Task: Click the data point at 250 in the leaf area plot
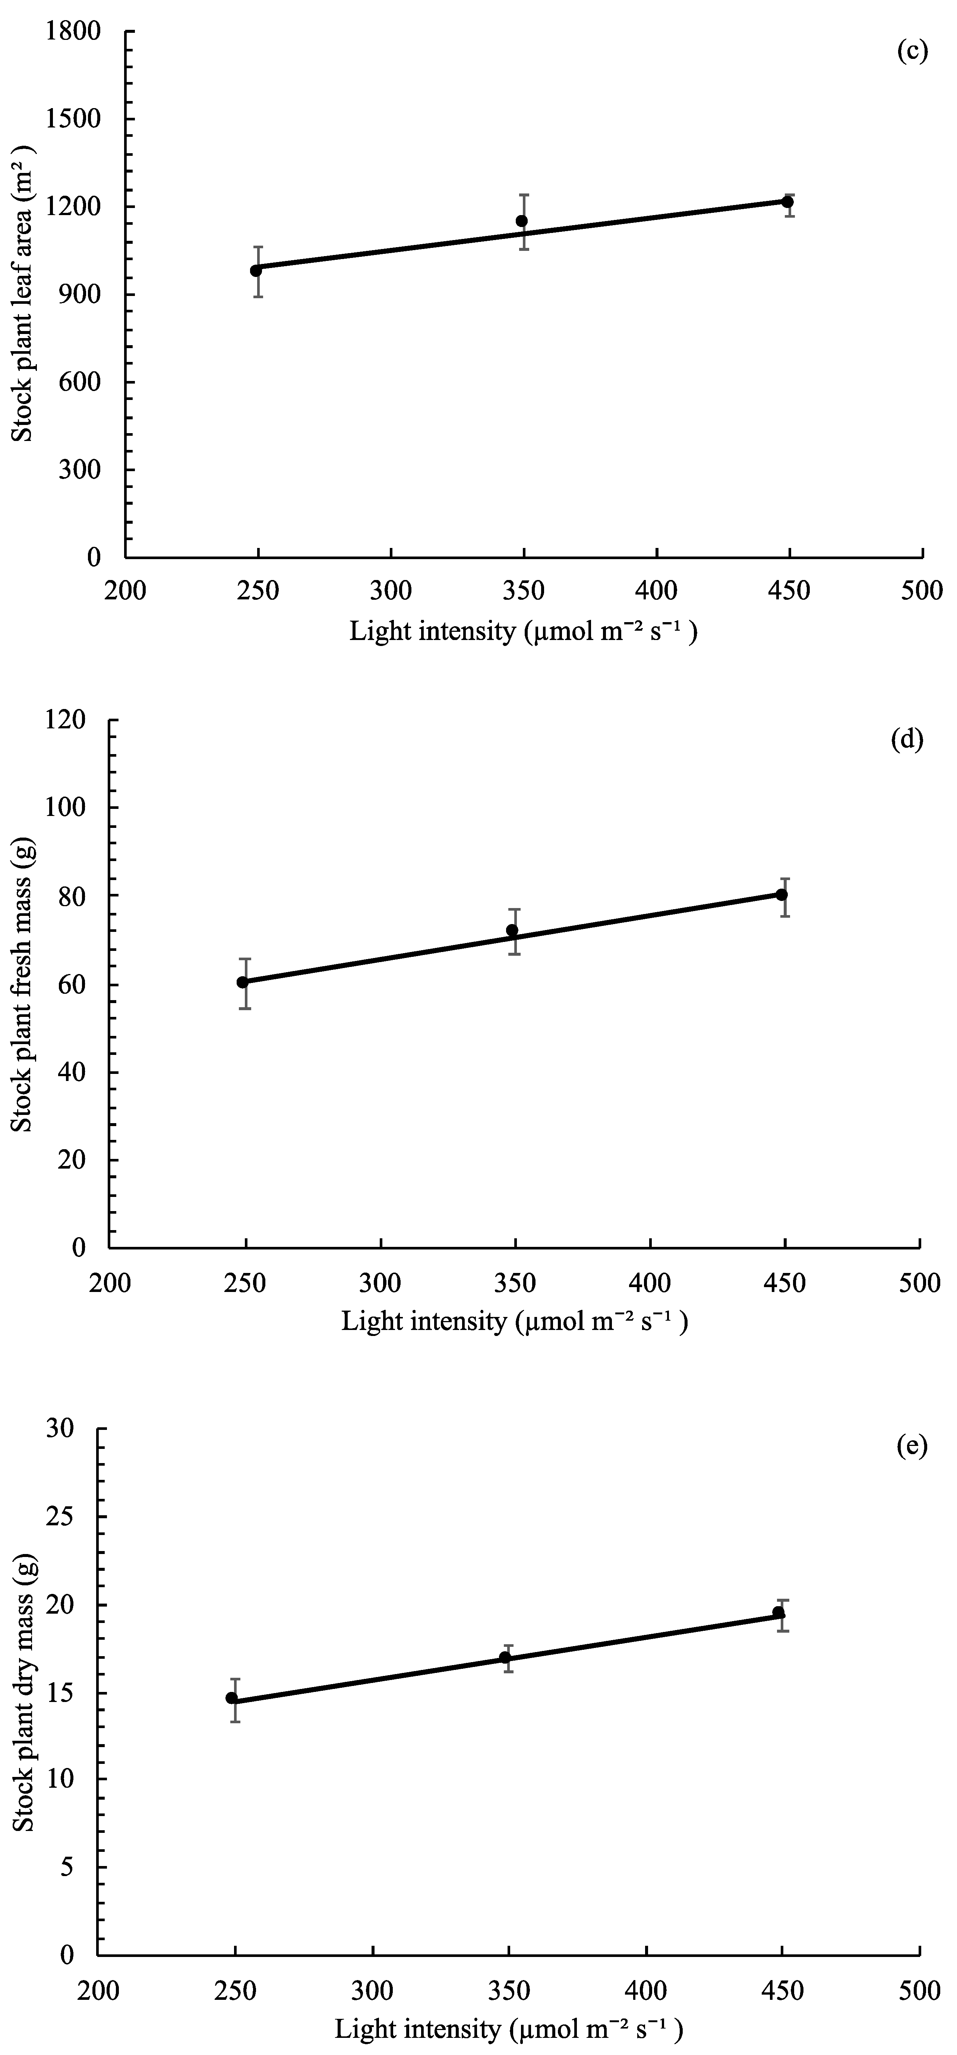(256, 271)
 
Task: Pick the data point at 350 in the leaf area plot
(522, 221)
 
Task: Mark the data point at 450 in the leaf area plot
(787, 202)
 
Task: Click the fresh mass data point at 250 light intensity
(243, 982)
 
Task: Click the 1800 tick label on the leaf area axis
(73, 32)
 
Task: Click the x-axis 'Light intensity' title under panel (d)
(514, 1322)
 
